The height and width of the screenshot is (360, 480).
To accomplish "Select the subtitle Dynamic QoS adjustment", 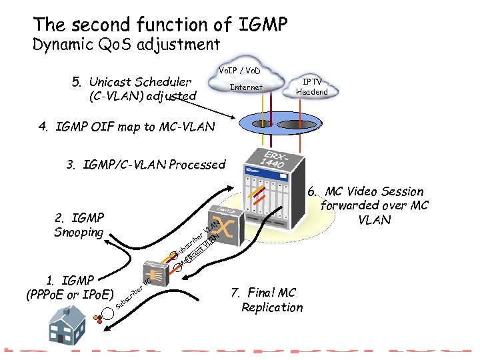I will (126, 45).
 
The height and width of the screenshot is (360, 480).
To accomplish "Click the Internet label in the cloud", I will (246, 87).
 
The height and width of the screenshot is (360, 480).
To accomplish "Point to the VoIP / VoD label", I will (239, 70).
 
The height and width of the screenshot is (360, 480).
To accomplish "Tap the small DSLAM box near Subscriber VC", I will (157, 272).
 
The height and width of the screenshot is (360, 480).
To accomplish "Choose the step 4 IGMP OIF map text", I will (127, 127).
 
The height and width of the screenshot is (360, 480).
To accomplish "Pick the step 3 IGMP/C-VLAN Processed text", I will (146, 165).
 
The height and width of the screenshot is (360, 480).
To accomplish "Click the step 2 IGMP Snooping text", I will (79, 225).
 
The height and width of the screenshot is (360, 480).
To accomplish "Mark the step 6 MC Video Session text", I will (373, 205).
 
